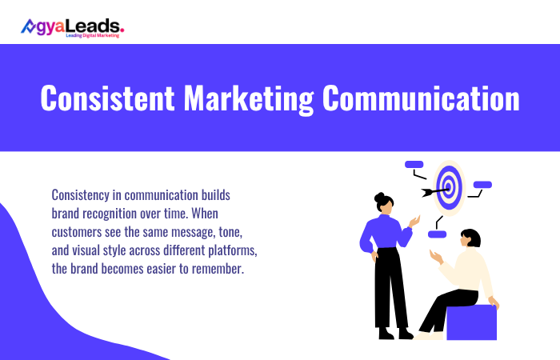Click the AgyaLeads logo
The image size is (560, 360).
(x=72, y=27)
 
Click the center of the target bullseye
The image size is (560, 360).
(x=450, y=188)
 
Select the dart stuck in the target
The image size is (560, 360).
(x=433, y=190)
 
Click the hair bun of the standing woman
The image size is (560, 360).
(x=378, y=196)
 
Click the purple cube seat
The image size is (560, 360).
(x=471, y=322)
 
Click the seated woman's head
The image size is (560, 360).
(x=470, y=238)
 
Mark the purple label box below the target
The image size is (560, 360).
(x=436, y=234)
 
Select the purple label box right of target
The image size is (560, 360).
(x=482, y=185)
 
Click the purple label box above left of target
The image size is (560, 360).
(x=414, y=164)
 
